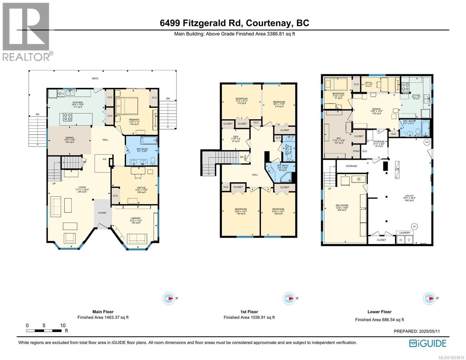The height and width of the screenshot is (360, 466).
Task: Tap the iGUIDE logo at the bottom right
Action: [428, 343]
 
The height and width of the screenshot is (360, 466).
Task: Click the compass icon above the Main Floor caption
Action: [169, 298]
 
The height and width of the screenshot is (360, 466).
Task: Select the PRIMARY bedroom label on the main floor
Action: [134, 120]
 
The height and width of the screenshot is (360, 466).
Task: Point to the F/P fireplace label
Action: [104, 159]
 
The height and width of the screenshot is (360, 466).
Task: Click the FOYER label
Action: [102, 213]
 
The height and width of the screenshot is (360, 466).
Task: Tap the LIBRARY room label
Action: [136, 218]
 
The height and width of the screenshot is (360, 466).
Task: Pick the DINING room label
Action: [70, 138]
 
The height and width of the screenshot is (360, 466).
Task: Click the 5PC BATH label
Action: [141, 149]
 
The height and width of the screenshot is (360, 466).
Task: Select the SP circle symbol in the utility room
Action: [414, 226]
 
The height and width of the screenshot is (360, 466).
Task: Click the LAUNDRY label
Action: [404, 232]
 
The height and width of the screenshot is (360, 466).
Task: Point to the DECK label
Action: [95, 79]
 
